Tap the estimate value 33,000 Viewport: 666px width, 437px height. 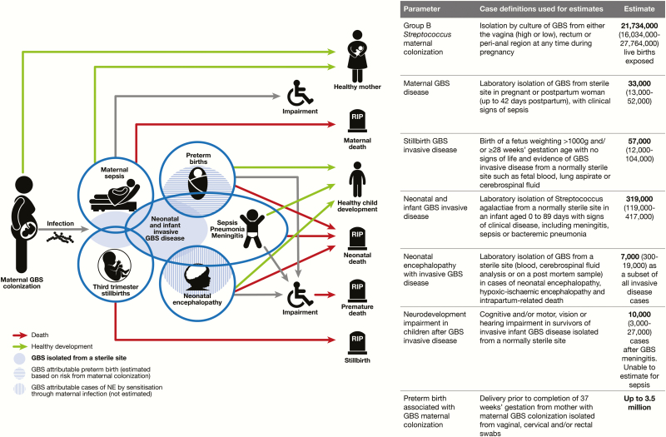click(x=639, y=83)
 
